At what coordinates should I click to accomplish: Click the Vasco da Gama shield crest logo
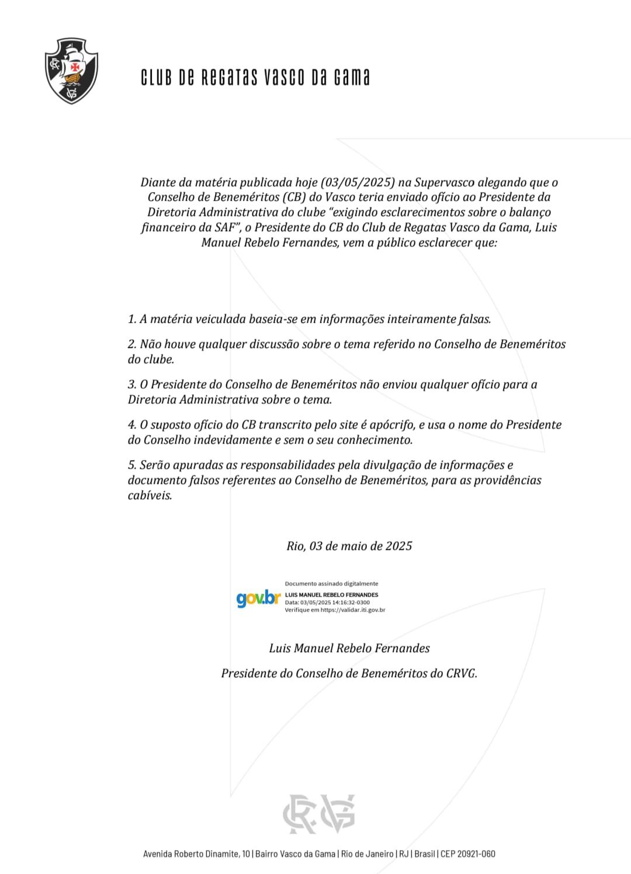click(71, 71)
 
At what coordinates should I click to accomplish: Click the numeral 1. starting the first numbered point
click(132, 319)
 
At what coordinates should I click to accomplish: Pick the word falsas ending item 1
click(473, 319)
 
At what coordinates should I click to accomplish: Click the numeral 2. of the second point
click(132, 344)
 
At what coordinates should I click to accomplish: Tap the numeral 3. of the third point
click(132, 385)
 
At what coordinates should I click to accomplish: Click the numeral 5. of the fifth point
click(132, 465)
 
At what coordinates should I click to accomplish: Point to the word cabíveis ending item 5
click(150, 496)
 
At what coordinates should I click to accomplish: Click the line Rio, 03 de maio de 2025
click(349, 546)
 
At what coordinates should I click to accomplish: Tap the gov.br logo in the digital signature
click(258, 598)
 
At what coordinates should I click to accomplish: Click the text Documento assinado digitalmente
click(331, 584)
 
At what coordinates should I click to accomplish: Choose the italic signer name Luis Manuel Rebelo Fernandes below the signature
click(349, 648)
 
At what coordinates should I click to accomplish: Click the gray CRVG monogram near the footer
click(319, 813)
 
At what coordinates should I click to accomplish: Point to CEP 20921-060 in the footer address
click(467, 854)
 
